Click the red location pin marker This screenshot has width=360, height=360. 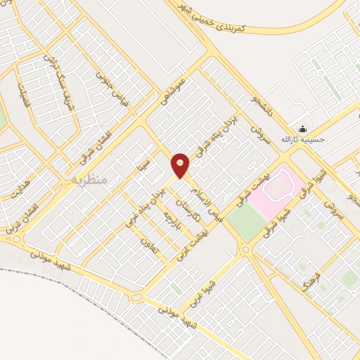pos(181,165)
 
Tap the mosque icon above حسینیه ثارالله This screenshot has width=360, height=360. pos(302,129)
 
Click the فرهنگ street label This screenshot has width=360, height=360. pos(309,276)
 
